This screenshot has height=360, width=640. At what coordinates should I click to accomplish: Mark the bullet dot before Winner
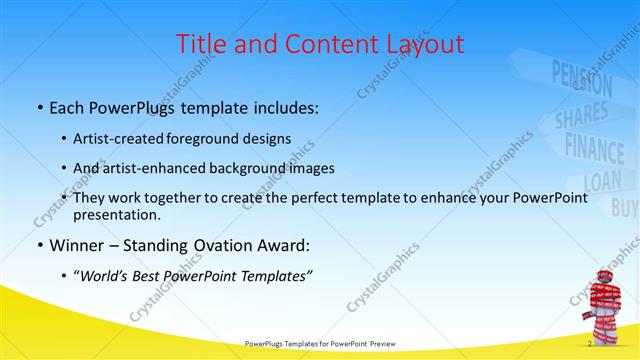pos(38,246)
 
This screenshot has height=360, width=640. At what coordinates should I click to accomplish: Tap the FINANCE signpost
pos(601,147)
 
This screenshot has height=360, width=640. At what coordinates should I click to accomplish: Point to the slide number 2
pos(589,344)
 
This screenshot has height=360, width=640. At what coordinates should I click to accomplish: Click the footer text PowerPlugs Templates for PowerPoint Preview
pos(320,344)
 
